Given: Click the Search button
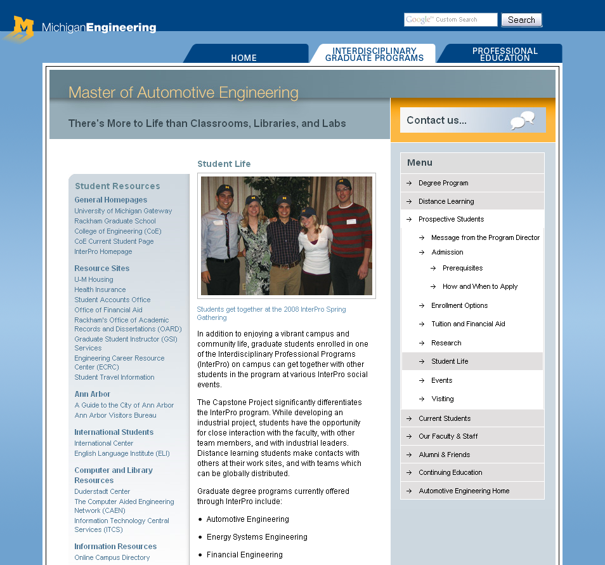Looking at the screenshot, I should [521, 20].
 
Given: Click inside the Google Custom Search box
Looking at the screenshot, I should [450, 20].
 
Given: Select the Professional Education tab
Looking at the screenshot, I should [505, 54].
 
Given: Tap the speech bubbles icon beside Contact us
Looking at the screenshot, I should [523, 120].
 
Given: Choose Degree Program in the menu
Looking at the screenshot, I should [443, 183].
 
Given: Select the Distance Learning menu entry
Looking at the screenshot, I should [446, 201].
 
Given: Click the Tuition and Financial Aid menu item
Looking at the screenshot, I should [468, 324].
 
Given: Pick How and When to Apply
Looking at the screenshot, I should [480, 286].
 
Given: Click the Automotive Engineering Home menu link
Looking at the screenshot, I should [464, 491].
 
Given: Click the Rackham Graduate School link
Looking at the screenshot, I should [115, 221].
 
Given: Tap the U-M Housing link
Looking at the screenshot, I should [94, 279].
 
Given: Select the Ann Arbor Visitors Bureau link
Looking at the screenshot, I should [115, 415].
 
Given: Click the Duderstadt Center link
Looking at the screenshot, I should [102, 491].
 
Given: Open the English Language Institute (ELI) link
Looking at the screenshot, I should [122, 453].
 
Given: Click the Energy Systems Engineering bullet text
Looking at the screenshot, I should [257, 537].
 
